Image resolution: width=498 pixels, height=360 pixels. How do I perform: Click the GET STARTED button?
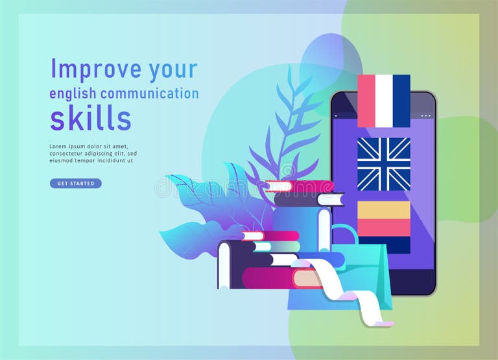(x=76, y=184)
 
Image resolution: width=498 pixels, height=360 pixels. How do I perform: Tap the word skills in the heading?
(x=91, y=118)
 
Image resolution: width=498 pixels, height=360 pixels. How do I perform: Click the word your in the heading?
(x=172, y=69)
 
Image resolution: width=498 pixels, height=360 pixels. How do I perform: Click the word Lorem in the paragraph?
(x=58, y=146)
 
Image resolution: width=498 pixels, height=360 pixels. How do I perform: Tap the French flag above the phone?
(x=384, y=101)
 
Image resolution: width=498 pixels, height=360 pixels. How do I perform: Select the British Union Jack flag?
(x=384, y=164)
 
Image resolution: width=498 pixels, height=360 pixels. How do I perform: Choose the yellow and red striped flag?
(x=384, y=219)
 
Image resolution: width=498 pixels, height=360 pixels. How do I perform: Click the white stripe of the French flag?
(x=384, y=101)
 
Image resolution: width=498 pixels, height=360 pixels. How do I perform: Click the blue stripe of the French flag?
(x=401, y=101)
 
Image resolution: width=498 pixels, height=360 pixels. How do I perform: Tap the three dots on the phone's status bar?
(x=425, y=116)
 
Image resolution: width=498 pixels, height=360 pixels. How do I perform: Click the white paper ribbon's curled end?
(x=383, y=322)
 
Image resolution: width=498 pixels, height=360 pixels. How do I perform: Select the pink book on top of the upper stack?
(x=300, y=187)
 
